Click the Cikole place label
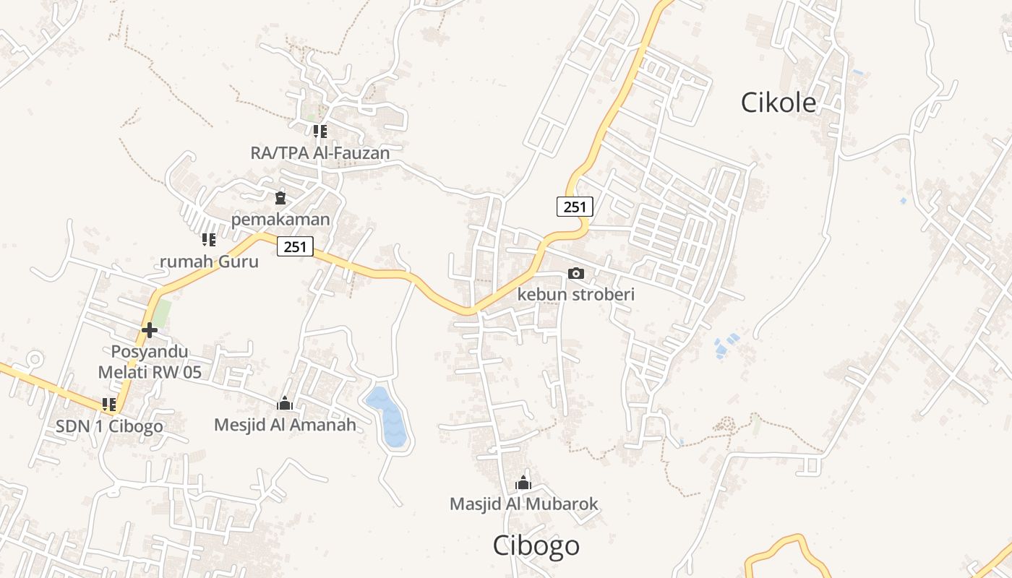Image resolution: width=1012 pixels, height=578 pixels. (778, 103)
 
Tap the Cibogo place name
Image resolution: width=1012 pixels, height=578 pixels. (536, 545)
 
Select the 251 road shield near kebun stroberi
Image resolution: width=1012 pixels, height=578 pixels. (575, 207)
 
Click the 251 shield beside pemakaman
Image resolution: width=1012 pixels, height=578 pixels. (295, 247)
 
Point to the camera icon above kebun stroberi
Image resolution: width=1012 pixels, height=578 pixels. (576, 273)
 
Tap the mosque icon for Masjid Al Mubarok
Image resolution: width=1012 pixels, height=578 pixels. (523, 483)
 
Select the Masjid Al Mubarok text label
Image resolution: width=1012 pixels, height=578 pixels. (523, 504)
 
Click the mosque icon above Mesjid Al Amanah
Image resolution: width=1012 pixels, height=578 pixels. (285, 403)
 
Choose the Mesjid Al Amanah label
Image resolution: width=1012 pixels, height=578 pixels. (285, 425)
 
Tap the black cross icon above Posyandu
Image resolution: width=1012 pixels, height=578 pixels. (150, 330)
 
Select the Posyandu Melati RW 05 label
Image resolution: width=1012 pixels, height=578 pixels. (150, 362)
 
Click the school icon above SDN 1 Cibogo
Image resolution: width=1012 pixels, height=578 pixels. (109, 405)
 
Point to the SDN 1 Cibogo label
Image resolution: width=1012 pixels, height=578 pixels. (109, 426)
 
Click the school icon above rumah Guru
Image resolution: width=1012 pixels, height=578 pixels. (208, 239)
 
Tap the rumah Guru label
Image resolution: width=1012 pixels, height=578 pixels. (209, 261)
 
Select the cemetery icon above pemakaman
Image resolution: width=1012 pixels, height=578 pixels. (280, 197)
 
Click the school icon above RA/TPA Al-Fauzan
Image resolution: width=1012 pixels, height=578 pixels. (320, 131)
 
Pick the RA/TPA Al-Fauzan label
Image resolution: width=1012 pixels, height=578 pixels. (320, 152)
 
